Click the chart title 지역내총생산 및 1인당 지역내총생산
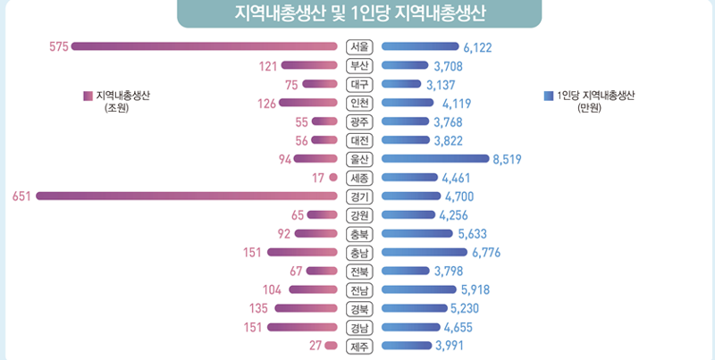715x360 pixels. click(357, 14)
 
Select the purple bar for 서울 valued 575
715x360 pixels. click(206, 46)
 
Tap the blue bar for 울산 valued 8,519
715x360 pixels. click(434, 159)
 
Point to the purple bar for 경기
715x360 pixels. click(188, 197)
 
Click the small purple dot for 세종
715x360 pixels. click(332, 178)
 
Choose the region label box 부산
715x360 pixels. click(358, 65)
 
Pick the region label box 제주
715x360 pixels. click(358, 346)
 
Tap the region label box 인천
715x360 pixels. click(358, 103)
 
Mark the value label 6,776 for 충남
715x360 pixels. click(485, 253)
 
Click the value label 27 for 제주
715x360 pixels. click(315, 346)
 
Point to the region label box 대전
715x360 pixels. click(358, 140)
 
